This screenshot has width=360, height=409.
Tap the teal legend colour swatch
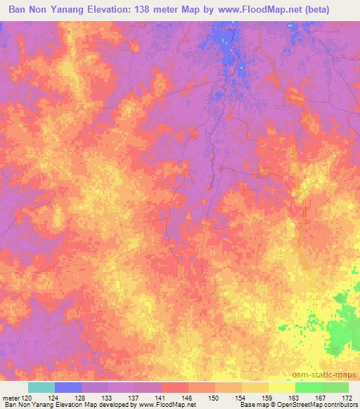coord(41,387)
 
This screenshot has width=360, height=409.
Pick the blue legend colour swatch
coord(68,387)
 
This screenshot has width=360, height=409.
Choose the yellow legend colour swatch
coord(282,387)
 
